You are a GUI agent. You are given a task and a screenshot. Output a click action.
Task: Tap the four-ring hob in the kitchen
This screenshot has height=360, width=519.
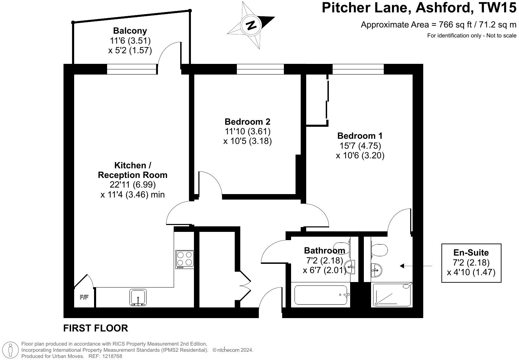pyautogui.click(x=185, y=259)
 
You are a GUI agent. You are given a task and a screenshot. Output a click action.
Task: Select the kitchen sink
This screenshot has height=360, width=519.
pyautogui.click(x=138, y=297)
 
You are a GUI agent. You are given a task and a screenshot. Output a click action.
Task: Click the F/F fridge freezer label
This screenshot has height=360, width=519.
pyautogui.click(x=84, y=297)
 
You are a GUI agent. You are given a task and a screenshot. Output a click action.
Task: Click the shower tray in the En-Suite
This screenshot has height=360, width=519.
pyautogui.click(x=392, y=295)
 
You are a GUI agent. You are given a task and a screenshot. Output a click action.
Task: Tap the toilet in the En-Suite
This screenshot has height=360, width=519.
pyautogui.click(x=379, y=250)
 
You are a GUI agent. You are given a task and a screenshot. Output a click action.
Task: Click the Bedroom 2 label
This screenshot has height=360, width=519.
pyautogui.click(x=247, y=122)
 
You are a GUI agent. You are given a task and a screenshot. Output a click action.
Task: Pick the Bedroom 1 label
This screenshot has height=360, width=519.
pyautogui.click(x=360, y=136)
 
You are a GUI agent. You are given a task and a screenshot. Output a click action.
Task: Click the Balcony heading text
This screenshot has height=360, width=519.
pyautogui.click(x=130, y=31)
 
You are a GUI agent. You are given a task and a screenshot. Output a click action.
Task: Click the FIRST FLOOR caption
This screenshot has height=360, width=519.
pyautogui.click(x=96, y=328)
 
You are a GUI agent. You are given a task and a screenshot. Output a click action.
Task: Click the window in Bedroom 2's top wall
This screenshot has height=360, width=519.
pyautogui.click(x=260, y=69)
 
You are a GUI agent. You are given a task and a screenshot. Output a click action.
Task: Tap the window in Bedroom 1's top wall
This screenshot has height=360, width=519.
pyautogui.click(x=358, y=69)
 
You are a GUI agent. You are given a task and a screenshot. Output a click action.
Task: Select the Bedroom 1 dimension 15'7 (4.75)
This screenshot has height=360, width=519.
pyautogui.click(x=360, y=145)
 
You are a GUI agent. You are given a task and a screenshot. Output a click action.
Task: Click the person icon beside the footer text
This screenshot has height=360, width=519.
pyautogui.click(x=11, y=350)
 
